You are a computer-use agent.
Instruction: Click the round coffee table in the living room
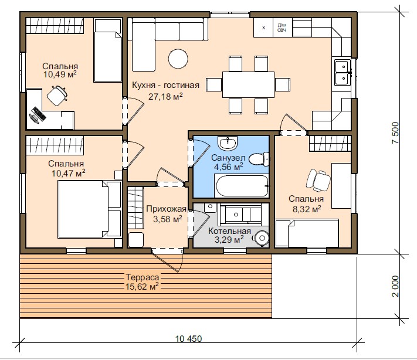[x=178, y=59]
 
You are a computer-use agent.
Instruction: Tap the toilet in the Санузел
[x=259, y=159]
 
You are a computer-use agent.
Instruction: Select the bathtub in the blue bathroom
[x=242, y=186]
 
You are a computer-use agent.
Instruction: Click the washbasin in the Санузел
[x=227, y=143]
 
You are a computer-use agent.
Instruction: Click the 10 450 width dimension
[x=188, y=339]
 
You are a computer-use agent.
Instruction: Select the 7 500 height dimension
[x=395, y=133]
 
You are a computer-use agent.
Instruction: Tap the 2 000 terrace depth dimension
[x=395, y=286]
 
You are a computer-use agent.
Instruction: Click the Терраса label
[x=143, y=277]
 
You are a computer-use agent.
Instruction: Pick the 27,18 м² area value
[x=165, y=96]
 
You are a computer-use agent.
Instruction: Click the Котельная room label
[x=229, y=231]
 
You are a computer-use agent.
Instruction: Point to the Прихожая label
[x=166, y=209]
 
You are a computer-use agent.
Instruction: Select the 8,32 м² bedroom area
[x=307, y=209]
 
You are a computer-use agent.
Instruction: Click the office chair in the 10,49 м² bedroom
[x=57, y=96]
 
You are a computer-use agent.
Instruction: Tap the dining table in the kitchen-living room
[x=248, y=84]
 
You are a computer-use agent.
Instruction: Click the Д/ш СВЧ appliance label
[x=282, y=28]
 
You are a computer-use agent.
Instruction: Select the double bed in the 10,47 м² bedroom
[x=90, y=209]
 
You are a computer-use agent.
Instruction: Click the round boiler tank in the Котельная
[x=262, y=238]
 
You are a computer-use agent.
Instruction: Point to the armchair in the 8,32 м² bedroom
[x=318, y=181]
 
